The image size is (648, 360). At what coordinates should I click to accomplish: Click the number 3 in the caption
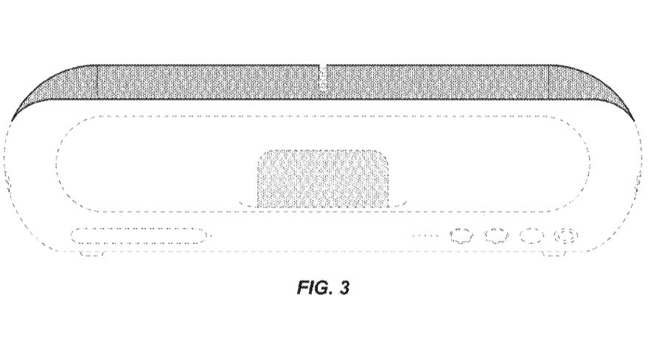(344, 287)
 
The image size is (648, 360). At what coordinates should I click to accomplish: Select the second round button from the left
(496, 236)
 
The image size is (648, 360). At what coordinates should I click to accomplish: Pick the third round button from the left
(531, 236)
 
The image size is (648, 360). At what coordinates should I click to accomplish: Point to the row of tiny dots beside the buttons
(425, 237)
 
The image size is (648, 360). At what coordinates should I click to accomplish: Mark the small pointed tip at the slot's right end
(210, 236)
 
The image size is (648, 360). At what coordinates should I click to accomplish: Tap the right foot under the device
(554, 255)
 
